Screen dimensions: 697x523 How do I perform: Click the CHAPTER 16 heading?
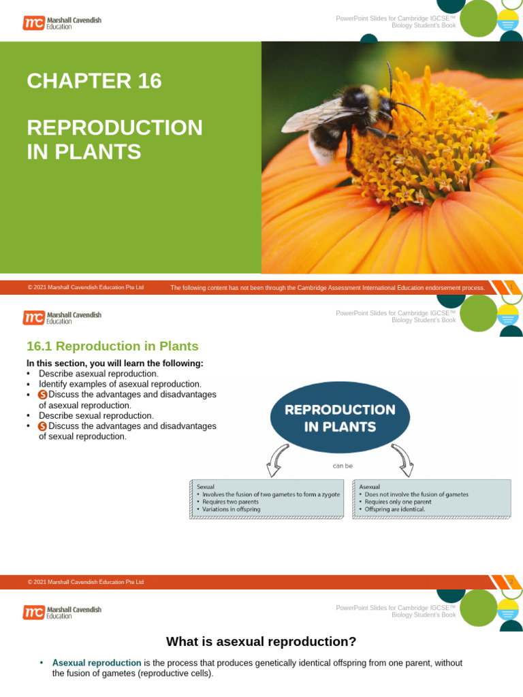pyautogui.click(x=94, y=81)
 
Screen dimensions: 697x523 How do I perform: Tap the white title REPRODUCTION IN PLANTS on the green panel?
pyautogui.click(x=114, y=140)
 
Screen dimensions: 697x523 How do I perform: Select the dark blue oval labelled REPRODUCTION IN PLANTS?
pyautogui.click(x=340, y=419)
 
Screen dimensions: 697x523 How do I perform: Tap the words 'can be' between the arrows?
pyautogui.click(x=343, y=466)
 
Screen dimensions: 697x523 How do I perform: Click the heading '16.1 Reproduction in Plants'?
pyautogui.click(x=112, y=346)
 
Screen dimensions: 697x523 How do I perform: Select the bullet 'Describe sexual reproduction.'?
pyautogui.click(x=96, y=415)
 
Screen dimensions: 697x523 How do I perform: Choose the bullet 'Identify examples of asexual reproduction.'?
pyautogui.click(x=120, y=384)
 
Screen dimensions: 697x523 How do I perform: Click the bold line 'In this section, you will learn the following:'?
pyautogui.click(x=114, y=363)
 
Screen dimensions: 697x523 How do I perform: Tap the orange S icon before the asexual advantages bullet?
pyautogui.click(x=42, y=395)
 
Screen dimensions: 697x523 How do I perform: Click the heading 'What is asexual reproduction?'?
pyautogui.click(x=261, y=641)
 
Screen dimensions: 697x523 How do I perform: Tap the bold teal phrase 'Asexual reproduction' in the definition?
pyautogui.click(x=97, y=662)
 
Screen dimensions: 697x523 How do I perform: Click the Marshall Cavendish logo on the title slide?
pyautogui.click(x=62, y=23)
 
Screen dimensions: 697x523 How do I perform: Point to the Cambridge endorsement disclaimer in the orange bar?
pyautogui.click(x=328, y=288)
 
